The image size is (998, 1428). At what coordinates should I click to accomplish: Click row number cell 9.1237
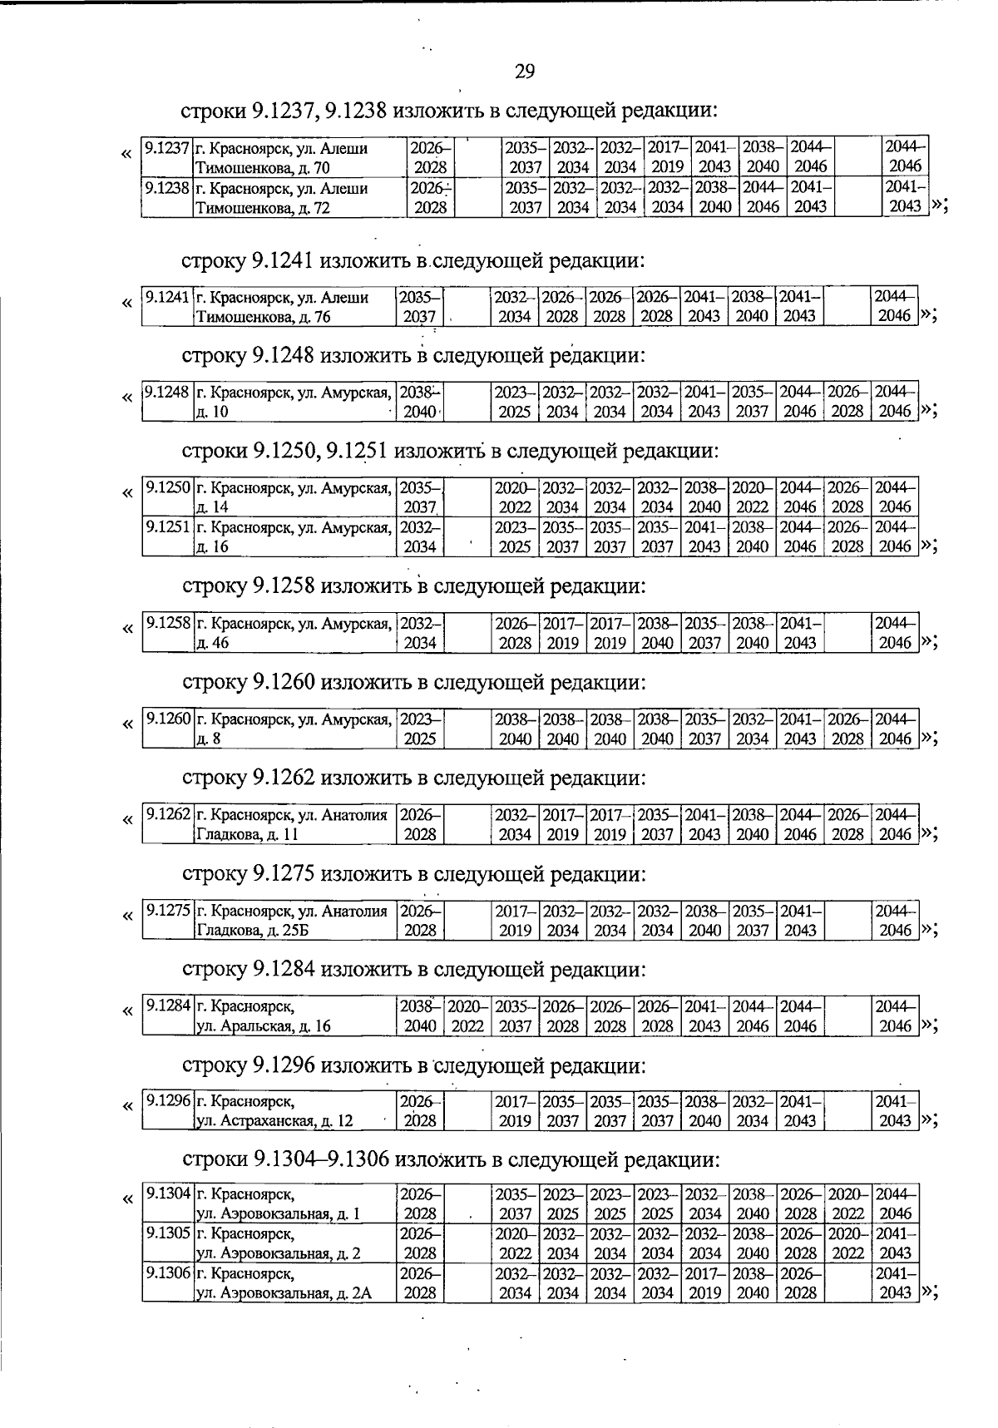point(167,157)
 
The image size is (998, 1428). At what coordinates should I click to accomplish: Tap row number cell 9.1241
point(167,306)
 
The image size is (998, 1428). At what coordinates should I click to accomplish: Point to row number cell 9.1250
point(167,497)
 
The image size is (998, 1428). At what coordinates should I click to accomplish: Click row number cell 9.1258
point(167,633)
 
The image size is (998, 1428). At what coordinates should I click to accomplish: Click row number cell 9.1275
point(167,920)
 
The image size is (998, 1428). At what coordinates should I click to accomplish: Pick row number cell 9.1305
point(167,1243)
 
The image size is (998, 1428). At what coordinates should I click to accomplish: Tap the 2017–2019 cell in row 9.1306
point(704,1283)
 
